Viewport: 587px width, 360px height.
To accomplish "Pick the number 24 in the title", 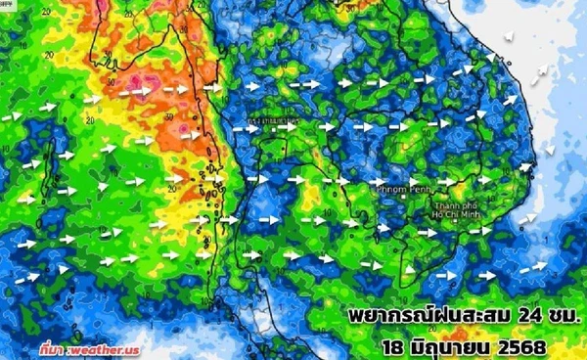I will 519,317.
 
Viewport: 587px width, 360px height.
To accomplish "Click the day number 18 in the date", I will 395,344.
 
